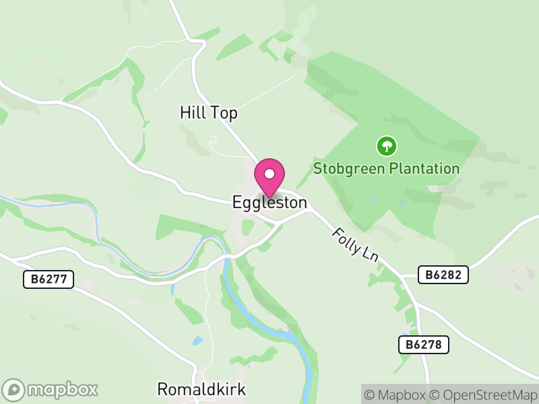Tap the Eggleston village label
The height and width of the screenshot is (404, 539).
click(269, 202)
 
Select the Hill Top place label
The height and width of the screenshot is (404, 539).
click(209, 113)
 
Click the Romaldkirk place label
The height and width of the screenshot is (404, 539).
click(201, 389)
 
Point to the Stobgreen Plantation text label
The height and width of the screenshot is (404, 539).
click(387, 168)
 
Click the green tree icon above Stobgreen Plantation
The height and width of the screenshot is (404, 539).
click(386, 145)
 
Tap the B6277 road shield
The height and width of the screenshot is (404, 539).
click(48, 279)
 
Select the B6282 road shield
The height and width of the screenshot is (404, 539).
click(443, 275)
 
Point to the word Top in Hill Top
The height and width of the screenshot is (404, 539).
click(224, 113)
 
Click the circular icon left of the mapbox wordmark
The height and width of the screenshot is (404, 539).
click(14, 389)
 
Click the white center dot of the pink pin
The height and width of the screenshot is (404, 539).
click(269, 174)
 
